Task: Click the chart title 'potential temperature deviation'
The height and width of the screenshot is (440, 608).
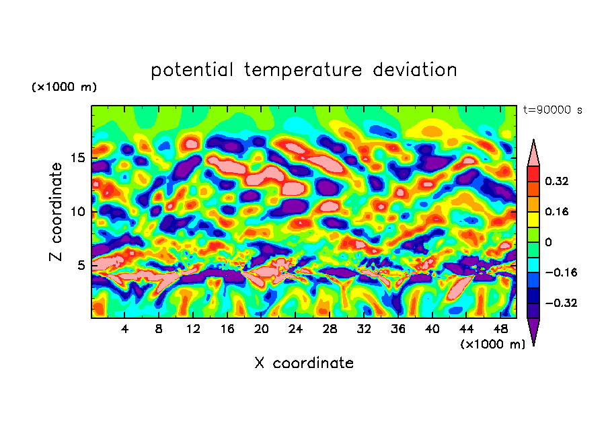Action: pyautogui.click(x=303, y=70)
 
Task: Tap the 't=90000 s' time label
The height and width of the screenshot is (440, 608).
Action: pyautogui.click(x=553, y=110)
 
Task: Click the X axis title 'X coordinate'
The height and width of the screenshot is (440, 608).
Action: pyautogui.click(x=304, y=363)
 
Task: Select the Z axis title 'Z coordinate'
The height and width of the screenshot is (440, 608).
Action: pyautogui.click(x=56, y=212)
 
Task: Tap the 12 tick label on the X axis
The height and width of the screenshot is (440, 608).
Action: pyautogui.click(x=193, y=329)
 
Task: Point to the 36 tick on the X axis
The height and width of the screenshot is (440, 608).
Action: pyautogui.click(x=397, y=329)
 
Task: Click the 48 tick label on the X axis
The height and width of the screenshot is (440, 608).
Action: pyautogui.click(x=500, y=329)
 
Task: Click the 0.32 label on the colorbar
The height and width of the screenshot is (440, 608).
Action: pyautogui.click(x=562, y=181)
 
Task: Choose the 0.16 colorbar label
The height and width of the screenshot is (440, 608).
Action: pyautogui.click(x=562, y=211)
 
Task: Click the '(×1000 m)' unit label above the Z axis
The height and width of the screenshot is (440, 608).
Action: pyautogui.click(x=65, y=87)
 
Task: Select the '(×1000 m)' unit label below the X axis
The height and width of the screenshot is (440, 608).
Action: pyautogui.click(x=492, y=344)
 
